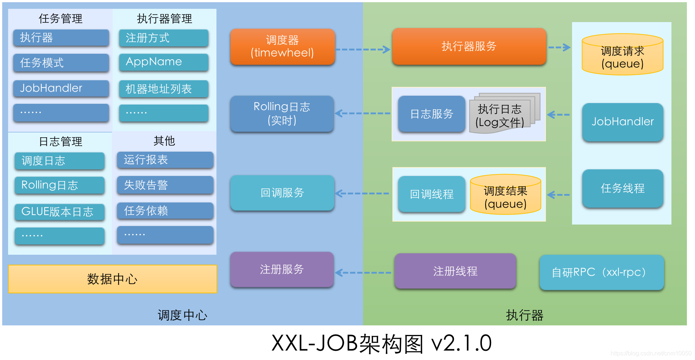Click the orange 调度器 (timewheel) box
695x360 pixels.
tap(282, 47)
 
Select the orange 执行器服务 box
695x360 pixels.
tap(469, 46)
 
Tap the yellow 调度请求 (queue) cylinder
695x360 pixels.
tap(622, 55)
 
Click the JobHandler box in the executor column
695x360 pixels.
tap(622, 122)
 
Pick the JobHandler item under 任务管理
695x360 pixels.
tap(61, 88)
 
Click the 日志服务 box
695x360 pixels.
tap(431, 114)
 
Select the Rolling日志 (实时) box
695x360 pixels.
tap(282, 114)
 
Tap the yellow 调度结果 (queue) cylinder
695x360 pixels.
tap(505, 195)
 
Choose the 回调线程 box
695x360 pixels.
tap(431, 194)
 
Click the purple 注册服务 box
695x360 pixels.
tap(282, 269)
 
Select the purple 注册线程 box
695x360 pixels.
tap(455, 271)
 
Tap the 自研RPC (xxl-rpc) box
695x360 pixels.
tap(601, 272)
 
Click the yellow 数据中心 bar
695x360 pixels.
tap(112, 279)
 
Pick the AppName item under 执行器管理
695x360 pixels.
tap(163, 62)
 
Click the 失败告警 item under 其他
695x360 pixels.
tap(165, 185)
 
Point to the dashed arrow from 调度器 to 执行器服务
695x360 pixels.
tap(363, 49)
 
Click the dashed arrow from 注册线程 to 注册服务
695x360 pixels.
tap(364, 273)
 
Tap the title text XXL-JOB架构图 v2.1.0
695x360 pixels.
tap(381, 343)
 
